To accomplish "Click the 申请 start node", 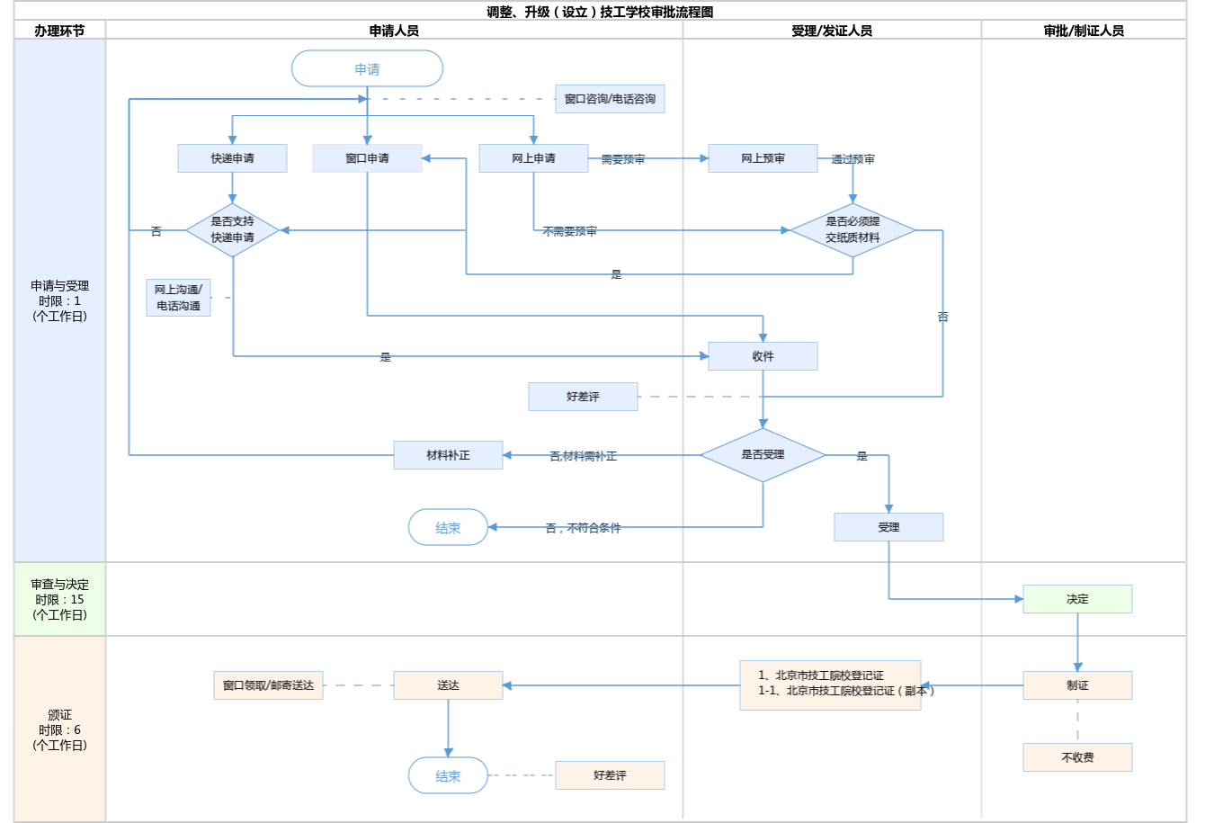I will tap(367, 69).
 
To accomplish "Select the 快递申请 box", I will tap(232, 158).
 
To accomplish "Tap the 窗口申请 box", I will tap(367, 158).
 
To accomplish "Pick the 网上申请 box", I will tap(533, 158).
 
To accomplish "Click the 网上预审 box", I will tap(763, 158).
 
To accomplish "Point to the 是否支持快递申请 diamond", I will tap(233, 230).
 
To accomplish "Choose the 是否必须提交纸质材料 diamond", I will tap(852, 230).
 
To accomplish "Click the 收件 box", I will tap(763, 356).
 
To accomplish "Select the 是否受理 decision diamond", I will tap(763, 455).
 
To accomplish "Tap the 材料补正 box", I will tap(448, 455).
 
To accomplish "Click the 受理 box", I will tap(888, 527).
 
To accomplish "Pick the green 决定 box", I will tap(1077, 599).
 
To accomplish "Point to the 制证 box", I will tap(1077, 685).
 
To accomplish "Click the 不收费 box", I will tap(1077, 757).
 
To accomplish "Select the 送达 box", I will tap(448, 685).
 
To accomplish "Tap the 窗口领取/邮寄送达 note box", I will tap(268, 685).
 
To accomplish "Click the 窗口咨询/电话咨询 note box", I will tap(610, 99).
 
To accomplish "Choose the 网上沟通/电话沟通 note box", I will tap(178, 298).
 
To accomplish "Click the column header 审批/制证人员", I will tap(1084, 31).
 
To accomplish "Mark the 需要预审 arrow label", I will tap(622, 159).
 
